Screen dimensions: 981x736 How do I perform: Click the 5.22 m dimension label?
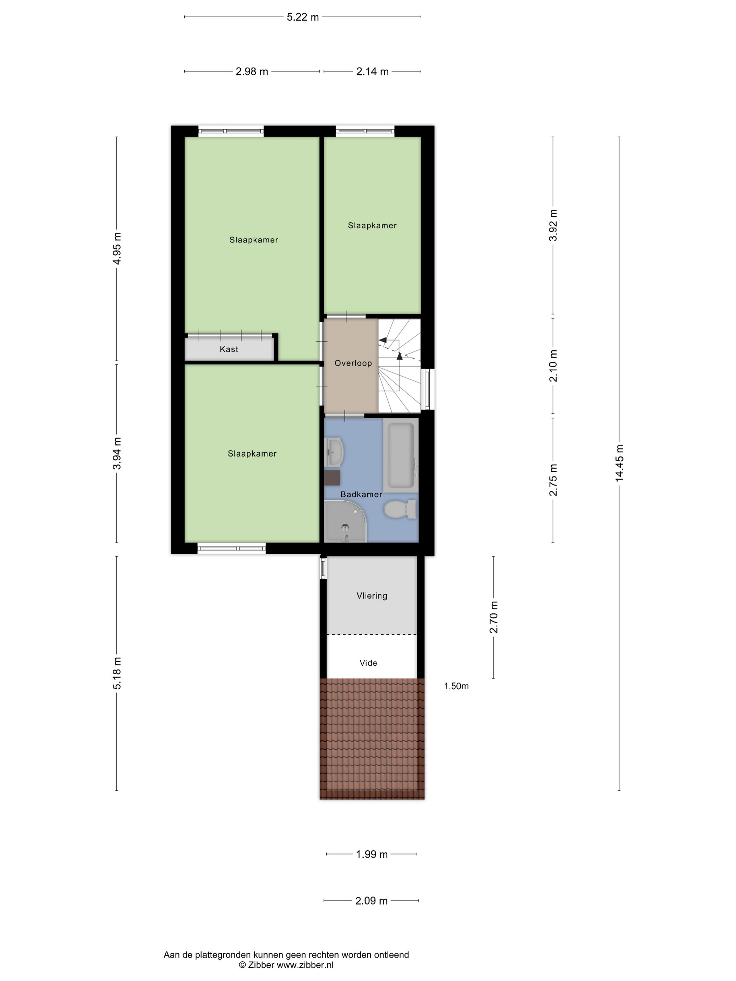[x=302, y=17]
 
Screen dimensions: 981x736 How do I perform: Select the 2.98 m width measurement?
[x=252, y=71]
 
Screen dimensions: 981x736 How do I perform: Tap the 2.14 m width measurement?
[x=372, y=71]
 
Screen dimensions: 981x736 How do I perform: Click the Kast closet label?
[x=229, y=349]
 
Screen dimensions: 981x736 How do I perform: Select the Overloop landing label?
[x=353, y=363]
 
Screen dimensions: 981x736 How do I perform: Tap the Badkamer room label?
[x=361, y=494]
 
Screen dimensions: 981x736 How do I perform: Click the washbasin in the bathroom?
[x=334, y=452]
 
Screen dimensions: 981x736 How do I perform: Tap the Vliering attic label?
[x=372, y=596]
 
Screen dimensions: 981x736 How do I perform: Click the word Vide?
[x=368, y=663]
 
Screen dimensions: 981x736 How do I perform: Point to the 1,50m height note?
[x=456, y=686]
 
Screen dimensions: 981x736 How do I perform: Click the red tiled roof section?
[x=372, y=739]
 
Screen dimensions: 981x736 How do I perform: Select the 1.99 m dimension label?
[x=372, y=854]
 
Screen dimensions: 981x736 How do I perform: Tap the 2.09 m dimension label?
[x=371, y=901]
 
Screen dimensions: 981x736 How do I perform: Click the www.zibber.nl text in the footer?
[x=305, y=965]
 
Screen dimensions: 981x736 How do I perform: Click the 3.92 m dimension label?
[x=553, y=225]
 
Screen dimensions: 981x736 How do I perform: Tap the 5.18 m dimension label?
[x=117, y=673]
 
